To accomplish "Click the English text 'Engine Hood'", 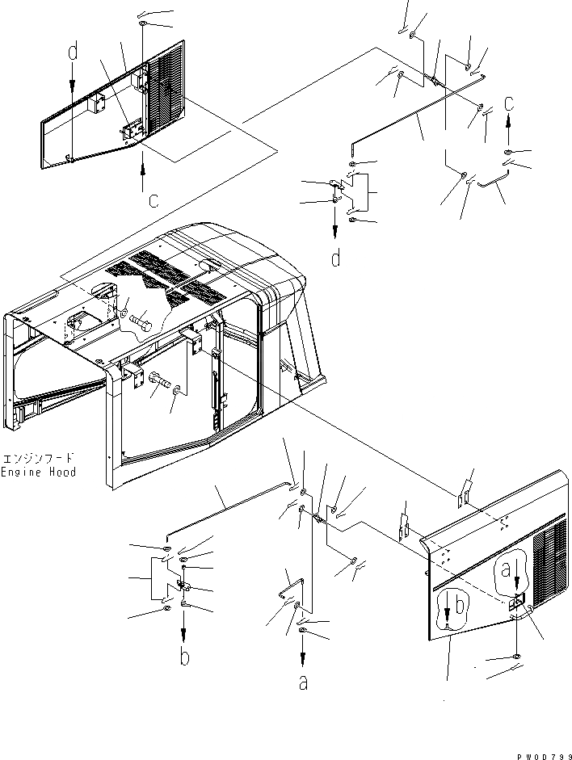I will coord(38,472).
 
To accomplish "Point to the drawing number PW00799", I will coord(542,753).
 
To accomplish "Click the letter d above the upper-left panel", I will coord(73,53).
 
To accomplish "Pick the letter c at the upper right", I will coord(508,103).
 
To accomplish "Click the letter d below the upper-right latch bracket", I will coord(335,258).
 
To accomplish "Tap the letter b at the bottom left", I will coord(185,657).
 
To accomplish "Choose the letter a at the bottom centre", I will coord(303,683).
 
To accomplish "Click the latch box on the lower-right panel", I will coord(518,600).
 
